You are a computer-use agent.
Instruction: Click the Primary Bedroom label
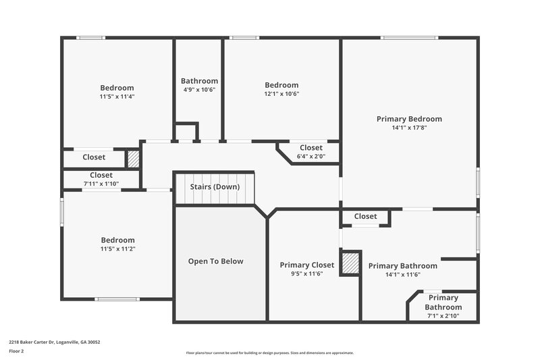point(409,119)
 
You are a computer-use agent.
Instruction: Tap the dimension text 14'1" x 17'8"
point(409,128)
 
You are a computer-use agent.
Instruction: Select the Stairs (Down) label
point(215,186)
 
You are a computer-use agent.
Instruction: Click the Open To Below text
point(215,261)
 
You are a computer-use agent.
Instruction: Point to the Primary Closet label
point(307,265)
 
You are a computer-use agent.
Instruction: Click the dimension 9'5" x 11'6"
point(307,274)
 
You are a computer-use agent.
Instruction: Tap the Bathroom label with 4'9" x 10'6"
point(199,81)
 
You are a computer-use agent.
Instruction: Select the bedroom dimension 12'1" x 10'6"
point(281,94)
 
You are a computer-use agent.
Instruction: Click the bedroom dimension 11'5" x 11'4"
point(117,97)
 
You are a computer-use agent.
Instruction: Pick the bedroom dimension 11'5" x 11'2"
point(117,249)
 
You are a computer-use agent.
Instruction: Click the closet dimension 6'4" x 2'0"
point(311,156)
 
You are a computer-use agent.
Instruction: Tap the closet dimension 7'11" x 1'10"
point(101,184)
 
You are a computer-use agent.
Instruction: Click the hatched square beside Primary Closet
point(350,263)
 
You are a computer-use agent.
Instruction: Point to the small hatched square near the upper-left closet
point(133,159)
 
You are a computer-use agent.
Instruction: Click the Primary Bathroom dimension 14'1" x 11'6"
point(402,274)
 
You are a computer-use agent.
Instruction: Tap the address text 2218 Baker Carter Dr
point(55,342)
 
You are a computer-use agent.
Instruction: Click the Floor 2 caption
point(17,351)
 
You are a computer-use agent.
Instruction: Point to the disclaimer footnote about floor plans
point(269,353)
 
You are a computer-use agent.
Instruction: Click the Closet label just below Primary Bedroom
point(365,216)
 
